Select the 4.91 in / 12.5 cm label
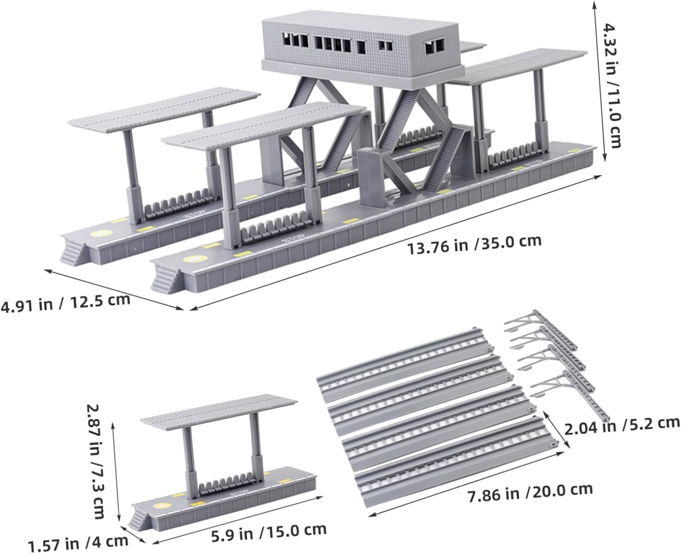(x=65, y=302)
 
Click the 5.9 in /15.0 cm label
(x=269, y=531)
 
